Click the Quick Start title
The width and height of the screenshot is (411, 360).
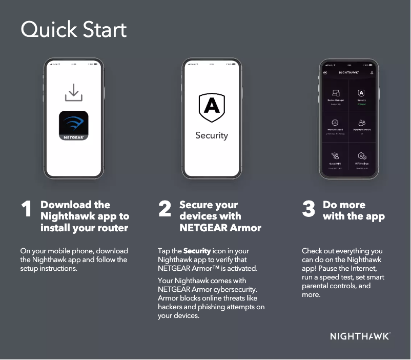73,30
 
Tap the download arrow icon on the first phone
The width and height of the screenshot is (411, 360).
73,93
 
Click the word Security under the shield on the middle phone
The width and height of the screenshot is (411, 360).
211,135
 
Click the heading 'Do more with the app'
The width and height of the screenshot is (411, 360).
353,210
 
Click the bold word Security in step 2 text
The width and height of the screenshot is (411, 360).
197,251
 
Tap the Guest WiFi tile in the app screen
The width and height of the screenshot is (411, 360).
336,157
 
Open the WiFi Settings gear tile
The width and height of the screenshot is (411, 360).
361,157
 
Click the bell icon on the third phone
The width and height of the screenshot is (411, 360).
372,73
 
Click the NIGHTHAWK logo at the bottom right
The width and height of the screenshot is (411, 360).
360,336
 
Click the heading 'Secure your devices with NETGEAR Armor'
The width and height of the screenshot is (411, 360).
220,216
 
